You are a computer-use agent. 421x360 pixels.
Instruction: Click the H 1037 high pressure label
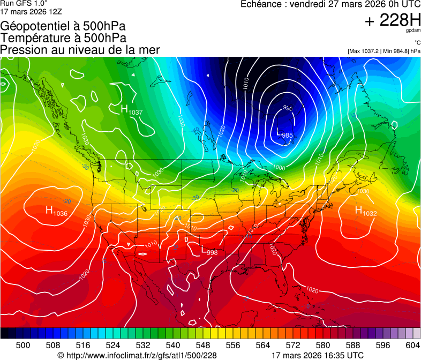tap(131, 110)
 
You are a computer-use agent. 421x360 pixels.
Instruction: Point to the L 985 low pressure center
tap(284, 133)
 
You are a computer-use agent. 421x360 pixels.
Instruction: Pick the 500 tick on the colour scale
tap(23, 344)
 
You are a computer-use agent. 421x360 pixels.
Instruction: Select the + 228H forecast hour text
tap(392, 20)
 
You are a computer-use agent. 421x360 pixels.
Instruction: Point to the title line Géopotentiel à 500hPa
tap(64, 26)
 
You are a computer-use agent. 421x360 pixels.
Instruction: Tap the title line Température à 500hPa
tap(63, 38)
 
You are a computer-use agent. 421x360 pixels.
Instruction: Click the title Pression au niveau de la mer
tap(80, 50)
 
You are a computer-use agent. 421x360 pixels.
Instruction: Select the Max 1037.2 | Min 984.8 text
tap(384, 51)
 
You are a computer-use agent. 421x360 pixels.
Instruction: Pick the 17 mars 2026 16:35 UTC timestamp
tap(318, 355)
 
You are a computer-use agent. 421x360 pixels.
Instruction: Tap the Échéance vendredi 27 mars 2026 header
tap(330, 4)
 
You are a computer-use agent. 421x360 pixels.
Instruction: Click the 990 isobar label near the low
tap(288, 108)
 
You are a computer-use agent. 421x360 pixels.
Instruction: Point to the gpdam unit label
tap(414, 31)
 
